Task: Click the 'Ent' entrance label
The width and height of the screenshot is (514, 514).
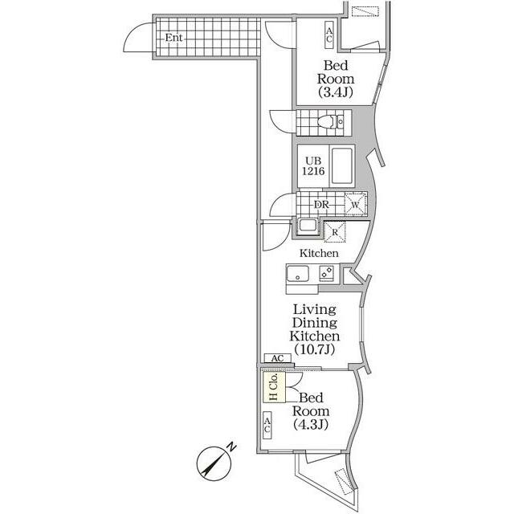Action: [x=173, y=38]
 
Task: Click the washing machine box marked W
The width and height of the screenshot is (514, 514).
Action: [x=354, y=205]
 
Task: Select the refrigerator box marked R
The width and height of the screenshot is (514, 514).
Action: [x=334, y=232]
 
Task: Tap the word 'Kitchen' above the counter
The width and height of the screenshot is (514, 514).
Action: [x=319, y=254]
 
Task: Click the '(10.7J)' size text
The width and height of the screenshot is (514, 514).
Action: [x=315, y=350]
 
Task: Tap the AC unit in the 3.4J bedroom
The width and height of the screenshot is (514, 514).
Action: [x=329, y=34]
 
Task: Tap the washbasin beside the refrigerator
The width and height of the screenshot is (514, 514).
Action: [x=307, y=226]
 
